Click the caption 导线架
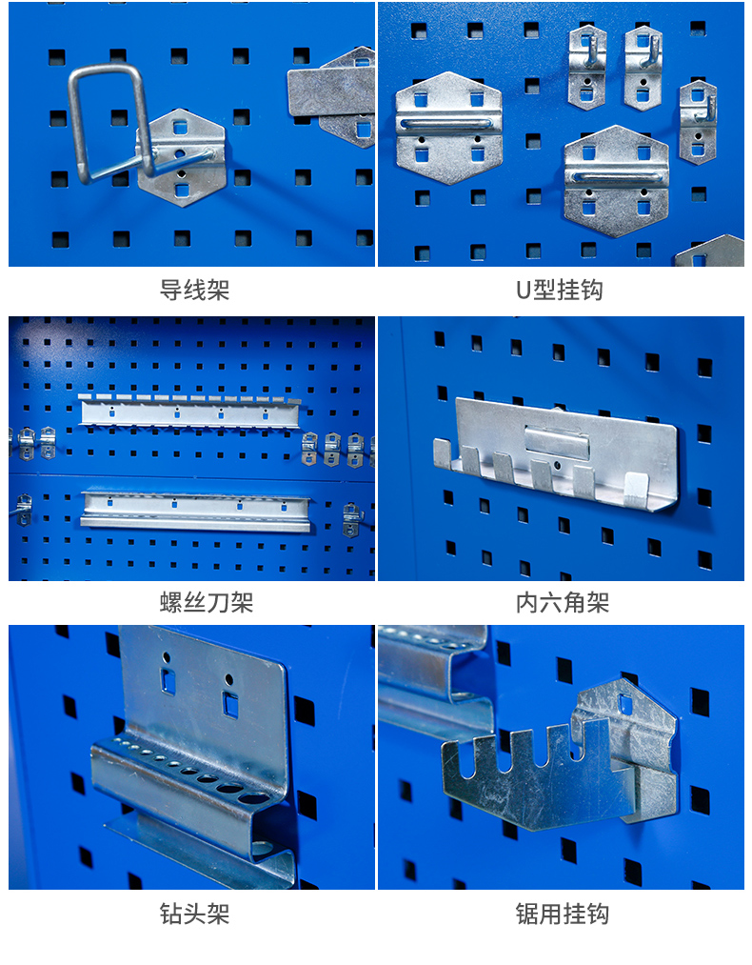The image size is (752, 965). point(194,290)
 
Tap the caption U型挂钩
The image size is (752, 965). point(559,290)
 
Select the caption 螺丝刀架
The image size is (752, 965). point(207,602)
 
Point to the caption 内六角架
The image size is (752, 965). point(563,602)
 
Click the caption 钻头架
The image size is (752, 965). point(194,914)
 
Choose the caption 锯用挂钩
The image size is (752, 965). point(563,914)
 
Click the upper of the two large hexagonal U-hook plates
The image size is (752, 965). point(448,128)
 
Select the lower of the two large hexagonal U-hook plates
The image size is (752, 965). point(616,181)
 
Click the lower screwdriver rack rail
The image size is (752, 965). point(195,511)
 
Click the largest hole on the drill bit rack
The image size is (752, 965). point(252,799)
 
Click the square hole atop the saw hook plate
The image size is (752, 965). point(625,704)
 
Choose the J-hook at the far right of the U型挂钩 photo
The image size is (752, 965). point(698,122)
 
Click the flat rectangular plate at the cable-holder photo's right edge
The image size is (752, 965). point(331,92)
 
